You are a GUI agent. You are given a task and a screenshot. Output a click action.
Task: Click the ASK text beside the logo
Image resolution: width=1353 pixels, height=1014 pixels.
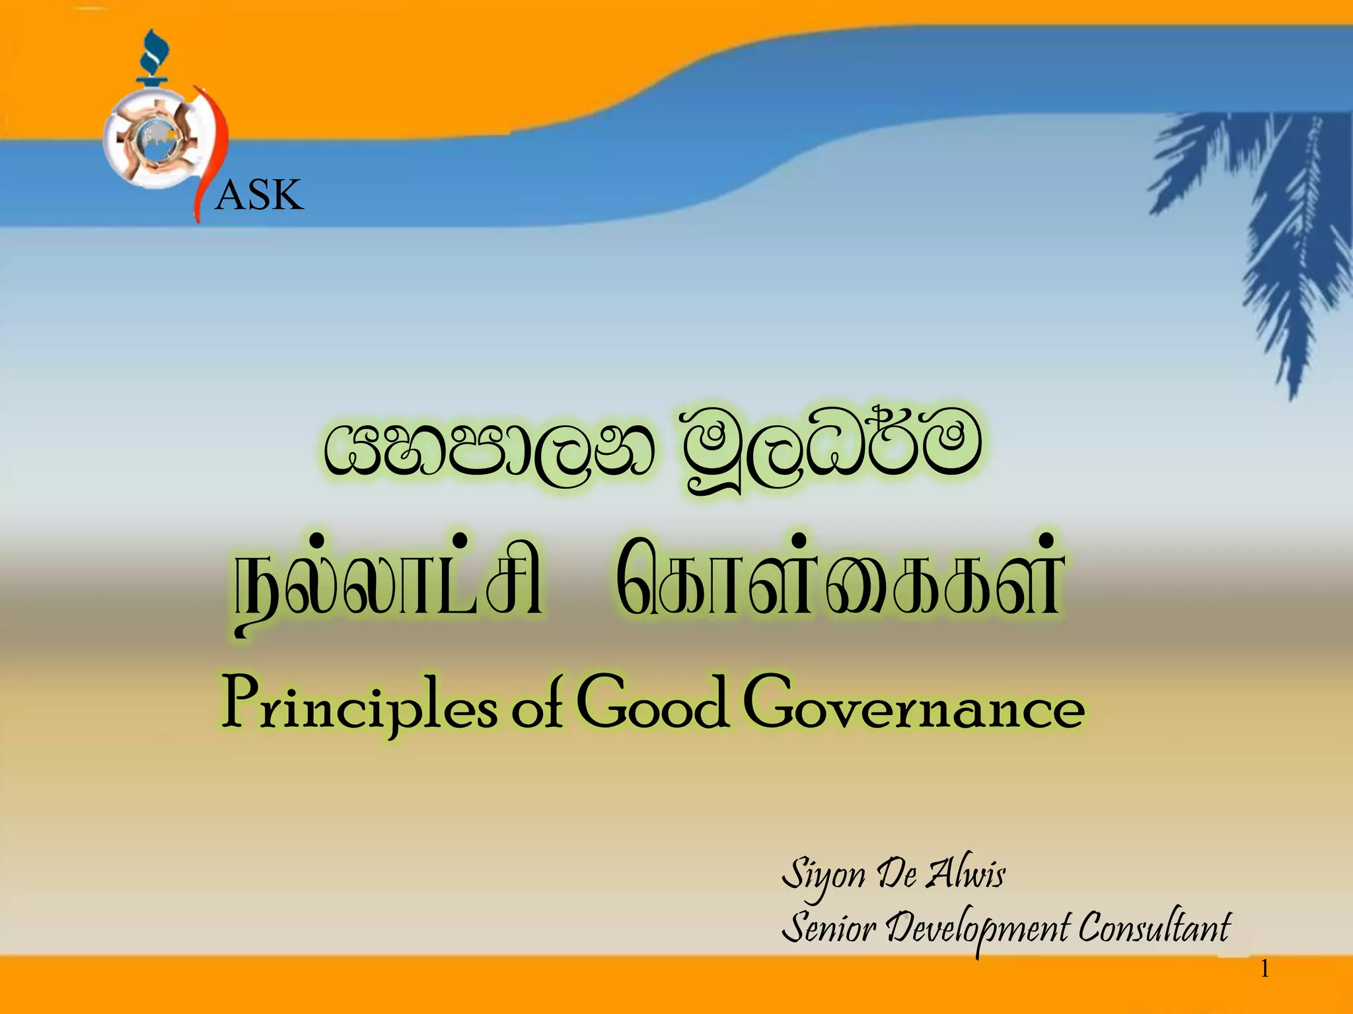pos(259,195)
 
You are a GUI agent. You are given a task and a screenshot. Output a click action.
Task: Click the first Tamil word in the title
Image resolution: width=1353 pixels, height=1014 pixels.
pos(390,581)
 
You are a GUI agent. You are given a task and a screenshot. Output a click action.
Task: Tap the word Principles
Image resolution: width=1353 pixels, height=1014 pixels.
pos(359,705)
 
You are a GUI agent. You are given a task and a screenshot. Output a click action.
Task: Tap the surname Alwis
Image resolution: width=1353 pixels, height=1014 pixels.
pos(966,873)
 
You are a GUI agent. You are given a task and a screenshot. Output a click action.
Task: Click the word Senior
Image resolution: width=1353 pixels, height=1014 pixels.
pos(828,928)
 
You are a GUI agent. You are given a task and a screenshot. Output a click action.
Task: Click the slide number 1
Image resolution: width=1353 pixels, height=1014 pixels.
pos(1264,969)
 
